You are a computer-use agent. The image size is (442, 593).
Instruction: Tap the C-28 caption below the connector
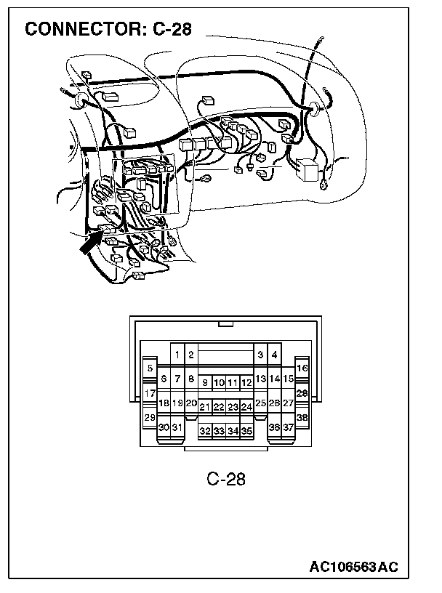226,478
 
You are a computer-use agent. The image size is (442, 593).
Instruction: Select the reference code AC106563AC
355,566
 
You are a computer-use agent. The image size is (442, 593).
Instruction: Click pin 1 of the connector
177,355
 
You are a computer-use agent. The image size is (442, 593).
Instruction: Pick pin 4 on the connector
274,355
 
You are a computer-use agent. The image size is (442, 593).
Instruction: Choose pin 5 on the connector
150,368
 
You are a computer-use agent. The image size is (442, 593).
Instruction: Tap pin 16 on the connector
302,368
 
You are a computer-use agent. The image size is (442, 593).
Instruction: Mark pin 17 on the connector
150,393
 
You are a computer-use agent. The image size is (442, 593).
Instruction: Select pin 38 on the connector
302,418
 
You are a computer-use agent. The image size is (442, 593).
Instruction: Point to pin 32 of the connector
205,431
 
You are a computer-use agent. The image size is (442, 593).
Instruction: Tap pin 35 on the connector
246,431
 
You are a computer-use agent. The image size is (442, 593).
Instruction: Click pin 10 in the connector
219,382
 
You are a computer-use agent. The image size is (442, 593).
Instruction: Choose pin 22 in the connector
219,407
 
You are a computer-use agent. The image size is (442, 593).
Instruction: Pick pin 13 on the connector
261,379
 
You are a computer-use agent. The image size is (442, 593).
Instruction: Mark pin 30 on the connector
164,427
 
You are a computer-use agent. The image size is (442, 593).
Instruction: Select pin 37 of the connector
289,427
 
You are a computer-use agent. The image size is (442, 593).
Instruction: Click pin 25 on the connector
261,403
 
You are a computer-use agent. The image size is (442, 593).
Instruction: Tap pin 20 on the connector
191,403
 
